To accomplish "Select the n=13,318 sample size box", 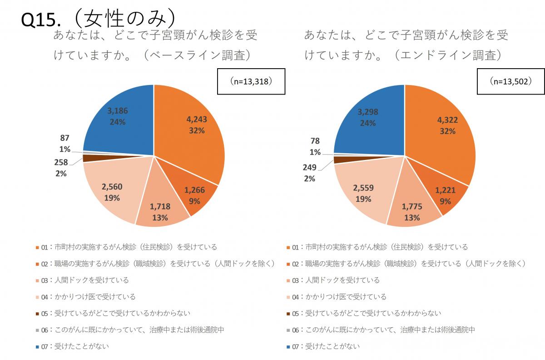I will point(251,81).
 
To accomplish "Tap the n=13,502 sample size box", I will point(511,81).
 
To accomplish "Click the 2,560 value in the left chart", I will point(112,187).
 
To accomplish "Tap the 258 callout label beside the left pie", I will point(61,163).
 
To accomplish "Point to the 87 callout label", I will point(64,138).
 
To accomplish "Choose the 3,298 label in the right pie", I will point(367,112).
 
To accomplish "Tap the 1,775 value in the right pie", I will point(411,207).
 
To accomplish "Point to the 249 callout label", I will point(309,168).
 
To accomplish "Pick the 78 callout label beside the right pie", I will point(315,141).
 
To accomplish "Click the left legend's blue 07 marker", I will point(37,347).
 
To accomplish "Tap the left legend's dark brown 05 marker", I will point(37,314).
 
